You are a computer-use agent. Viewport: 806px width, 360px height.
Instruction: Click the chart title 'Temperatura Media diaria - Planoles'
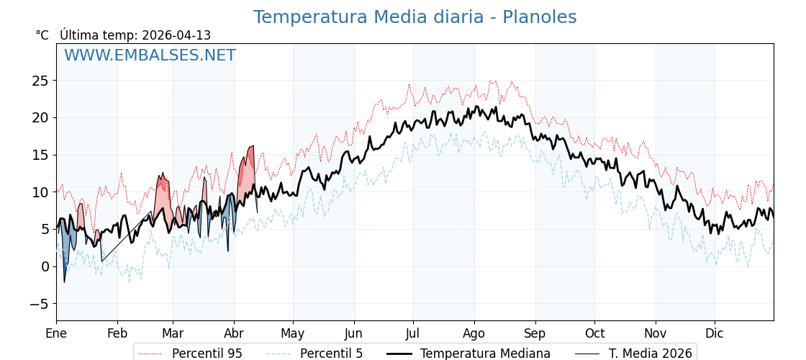[x=415, y=17]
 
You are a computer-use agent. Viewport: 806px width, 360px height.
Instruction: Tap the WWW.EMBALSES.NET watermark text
[x=150, y=55]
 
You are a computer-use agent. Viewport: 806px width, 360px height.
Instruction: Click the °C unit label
[x=42, y=35]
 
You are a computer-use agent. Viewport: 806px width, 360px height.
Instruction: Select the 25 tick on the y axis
[x=40, y=81]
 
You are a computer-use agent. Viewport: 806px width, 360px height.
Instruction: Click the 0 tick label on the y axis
[x=45, y=266]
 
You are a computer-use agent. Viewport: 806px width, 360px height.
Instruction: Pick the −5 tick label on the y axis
[x=40, y=304]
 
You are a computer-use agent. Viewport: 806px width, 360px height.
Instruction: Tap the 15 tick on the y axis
[x=40, y=155]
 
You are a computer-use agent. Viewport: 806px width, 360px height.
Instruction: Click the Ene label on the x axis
[x=56, y=333]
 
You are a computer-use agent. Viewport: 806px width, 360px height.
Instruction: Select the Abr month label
[x=234, y=333]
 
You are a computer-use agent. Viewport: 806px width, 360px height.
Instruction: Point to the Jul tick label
[x=413, y=333]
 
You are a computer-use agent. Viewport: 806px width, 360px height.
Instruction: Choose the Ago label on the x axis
[x=474, y=333]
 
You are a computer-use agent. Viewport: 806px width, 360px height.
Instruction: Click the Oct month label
[x=594, y=333]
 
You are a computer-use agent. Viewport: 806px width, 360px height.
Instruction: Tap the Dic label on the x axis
[x=715, y=333]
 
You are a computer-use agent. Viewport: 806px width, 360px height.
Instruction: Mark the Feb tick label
[x=117, y=333]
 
